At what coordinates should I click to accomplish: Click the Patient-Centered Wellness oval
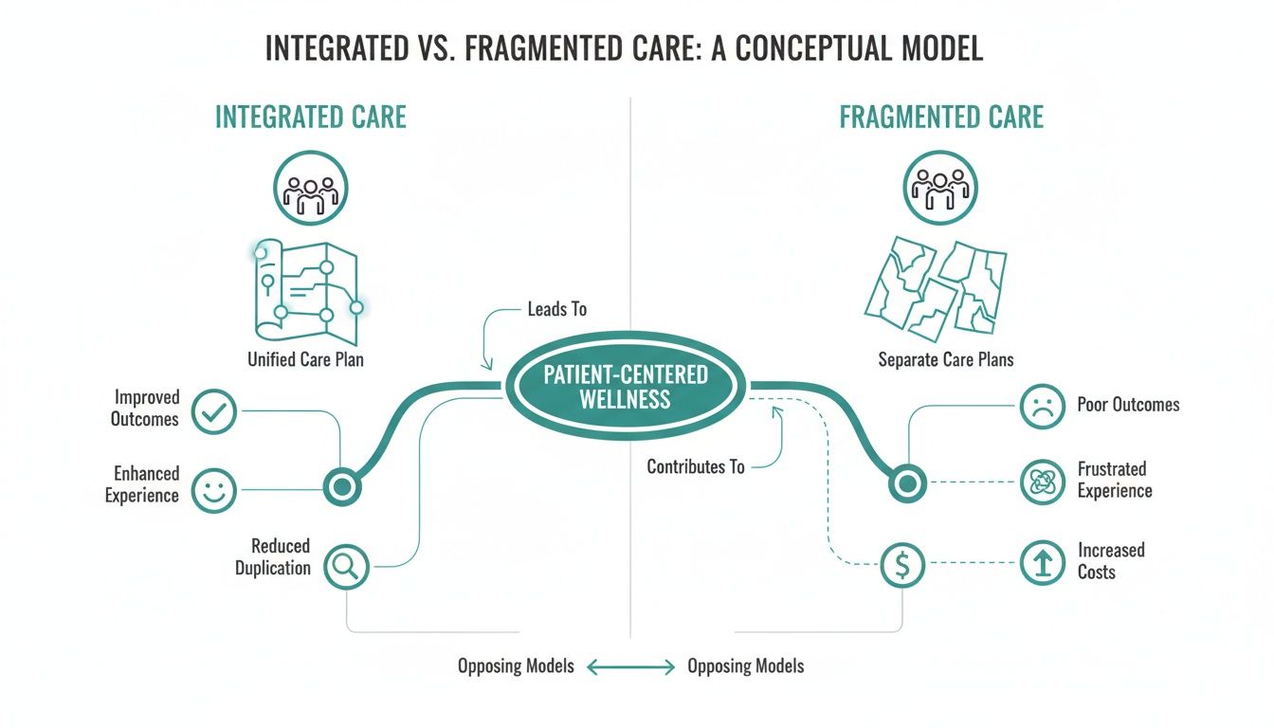click(x=626, y=386)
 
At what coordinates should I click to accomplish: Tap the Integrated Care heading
click(x=311, y=118)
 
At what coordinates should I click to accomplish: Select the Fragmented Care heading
click(x=940, y=118)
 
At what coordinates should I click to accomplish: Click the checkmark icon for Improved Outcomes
click(x=213, y=411)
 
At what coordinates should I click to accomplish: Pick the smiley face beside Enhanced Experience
click(x=213, y=490)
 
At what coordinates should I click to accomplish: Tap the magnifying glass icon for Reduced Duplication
click(x=347, y=566)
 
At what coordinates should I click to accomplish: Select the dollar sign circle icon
click(x=902, y=565)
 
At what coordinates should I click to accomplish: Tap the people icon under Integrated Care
click(x=311, y=188)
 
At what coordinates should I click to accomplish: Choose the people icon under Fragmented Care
click(x=940, y=188)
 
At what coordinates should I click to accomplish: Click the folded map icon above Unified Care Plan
click(x=306, y=288)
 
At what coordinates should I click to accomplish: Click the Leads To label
click(x=556, y=310)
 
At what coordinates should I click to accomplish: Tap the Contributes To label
click(x=695, y=467)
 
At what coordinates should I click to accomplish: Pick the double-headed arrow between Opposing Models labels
click(x=630, y=667)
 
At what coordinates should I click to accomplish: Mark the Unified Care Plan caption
click(x=305, y=360)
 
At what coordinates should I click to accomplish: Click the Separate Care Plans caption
click(x=945, y=360)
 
